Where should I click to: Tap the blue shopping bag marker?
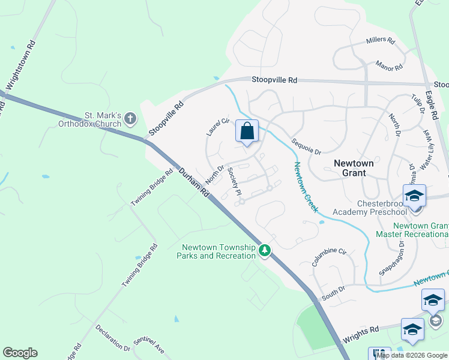pyautogui.click(x=247, y=131)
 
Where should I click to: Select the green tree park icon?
pyautogui.click(x=265, y=251)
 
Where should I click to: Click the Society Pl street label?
pyautogui.click(x=234, y=181)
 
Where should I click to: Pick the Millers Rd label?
pyautogui.click(x=381, y=41)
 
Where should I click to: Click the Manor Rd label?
pyautogui.click(x=388, y=65)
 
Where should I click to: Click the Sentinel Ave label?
pyautogui.click(x=149, y=344)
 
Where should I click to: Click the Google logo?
pyautogui.click(x=20, y=353)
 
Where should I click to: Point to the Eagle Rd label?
pyautogui.click(x=432, y=96)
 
